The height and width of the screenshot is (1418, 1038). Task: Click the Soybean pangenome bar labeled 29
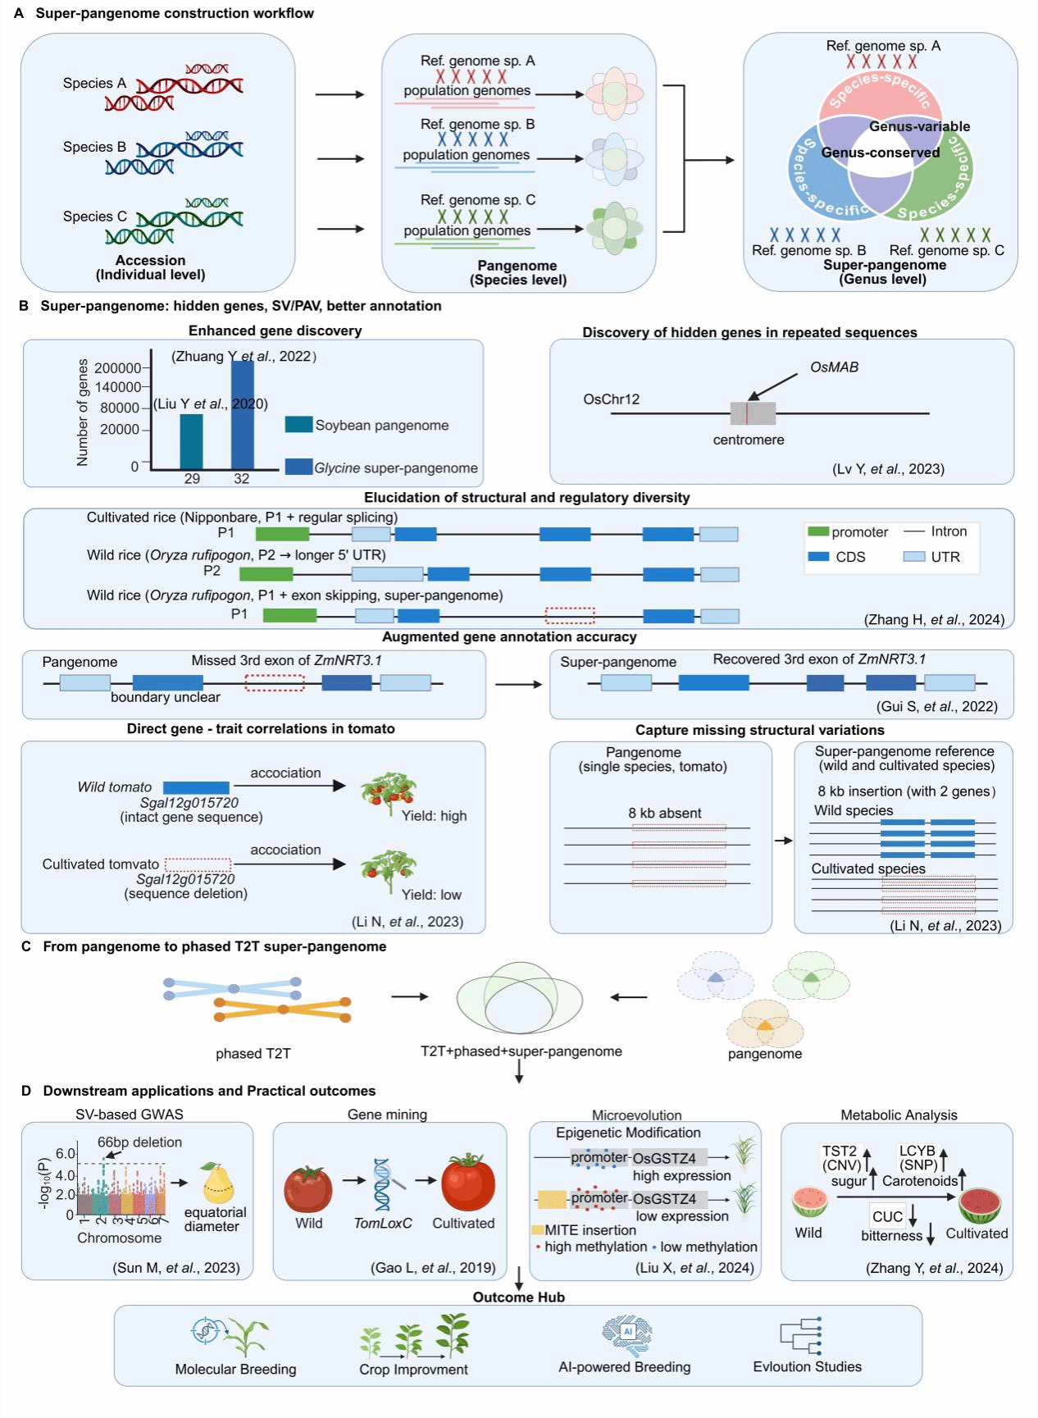tap(191, 440)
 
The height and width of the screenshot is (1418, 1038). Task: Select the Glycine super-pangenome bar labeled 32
tap(243, 414)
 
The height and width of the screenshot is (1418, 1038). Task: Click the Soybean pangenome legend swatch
tap(298, 424)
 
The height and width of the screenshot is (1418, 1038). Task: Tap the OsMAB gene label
tap(834, 367)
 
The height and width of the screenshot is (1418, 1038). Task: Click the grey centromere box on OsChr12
tap(753, 413)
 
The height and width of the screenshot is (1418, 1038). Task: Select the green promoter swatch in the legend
tap(818, 531)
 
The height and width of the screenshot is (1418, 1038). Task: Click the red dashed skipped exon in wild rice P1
tap(570, 615)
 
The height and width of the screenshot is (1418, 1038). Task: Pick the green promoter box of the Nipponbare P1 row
tap(282, 534)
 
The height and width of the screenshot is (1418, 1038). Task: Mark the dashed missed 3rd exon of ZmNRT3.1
tap(275, 682)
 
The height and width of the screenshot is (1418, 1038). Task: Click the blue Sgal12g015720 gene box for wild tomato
tap(196, 787)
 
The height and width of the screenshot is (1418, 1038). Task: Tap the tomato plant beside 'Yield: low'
tap(388, 870)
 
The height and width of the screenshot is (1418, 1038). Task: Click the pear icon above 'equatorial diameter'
tap(217, 1182)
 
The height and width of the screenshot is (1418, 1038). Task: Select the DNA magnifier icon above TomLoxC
tap(385, 1183)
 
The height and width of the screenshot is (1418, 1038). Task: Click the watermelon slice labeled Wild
tap(809, 1201)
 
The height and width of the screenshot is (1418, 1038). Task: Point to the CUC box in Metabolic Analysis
tap(888, 1215)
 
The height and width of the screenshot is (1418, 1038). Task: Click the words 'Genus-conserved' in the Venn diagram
tap(880, 153)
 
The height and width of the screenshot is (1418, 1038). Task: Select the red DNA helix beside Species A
tap(189, 85)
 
